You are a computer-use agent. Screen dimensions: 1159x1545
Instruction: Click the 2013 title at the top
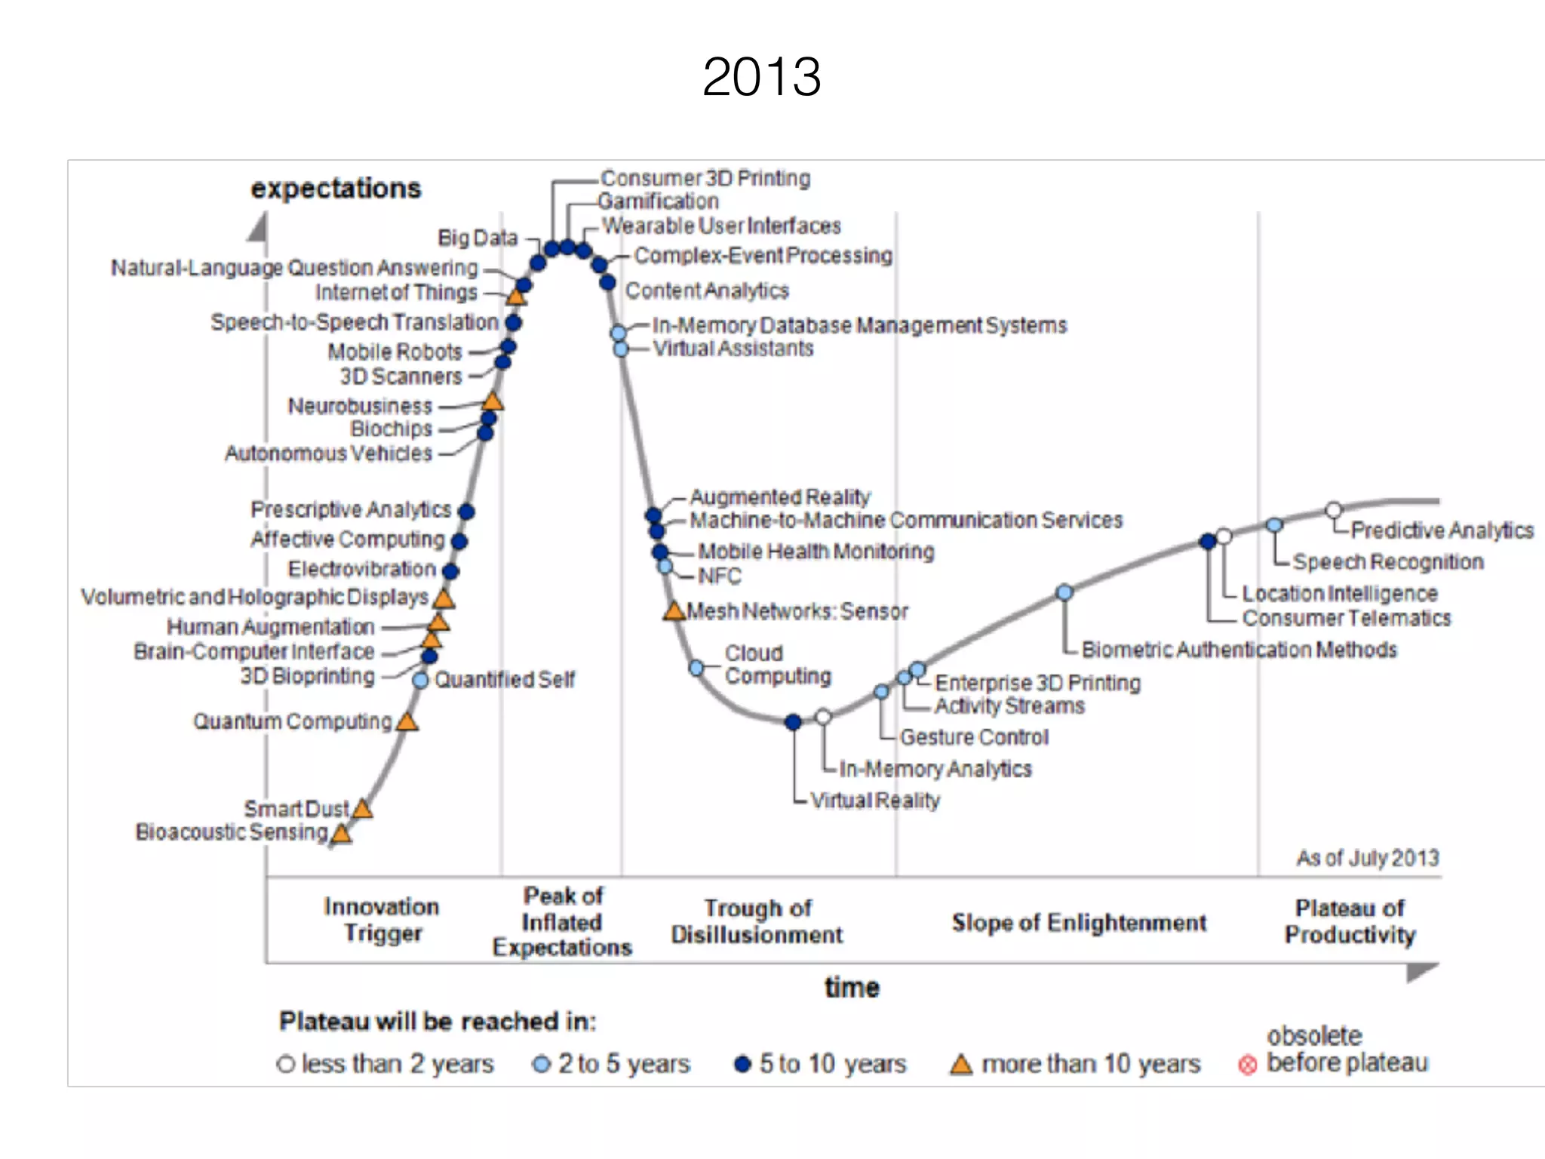tap(761, 77)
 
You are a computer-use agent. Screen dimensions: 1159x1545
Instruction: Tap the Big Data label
tap(478, 238)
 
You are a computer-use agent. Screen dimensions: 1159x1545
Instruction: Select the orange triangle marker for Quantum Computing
tap(407, 722)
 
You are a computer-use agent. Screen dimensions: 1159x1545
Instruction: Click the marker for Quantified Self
tap(420, 681)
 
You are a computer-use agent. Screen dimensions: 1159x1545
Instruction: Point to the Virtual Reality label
tap(875, 800)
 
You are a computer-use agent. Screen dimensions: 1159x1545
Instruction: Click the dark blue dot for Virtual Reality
tap(793, 722)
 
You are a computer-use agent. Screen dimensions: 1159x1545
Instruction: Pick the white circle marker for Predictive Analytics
tap(1334, 510)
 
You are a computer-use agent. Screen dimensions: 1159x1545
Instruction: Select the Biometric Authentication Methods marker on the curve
tap(1064, 592)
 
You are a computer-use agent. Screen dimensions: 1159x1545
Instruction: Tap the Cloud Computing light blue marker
tap(696, 668)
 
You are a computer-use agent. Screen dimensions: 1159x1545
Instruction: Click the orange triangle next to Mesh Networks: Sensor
tap(673, 611)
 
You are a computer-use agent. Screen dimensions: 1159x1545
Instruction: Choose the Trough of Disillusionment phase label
tap(757, 921)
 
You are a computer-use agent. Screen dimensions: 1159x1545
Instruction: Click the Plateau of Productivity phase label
tap(1350, 921)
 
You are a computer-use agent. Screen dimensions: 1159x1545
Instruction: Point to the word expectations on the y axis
tap(336, 188)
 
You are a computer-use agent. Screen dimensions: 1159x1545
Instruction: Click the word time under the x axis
tap(852, 987)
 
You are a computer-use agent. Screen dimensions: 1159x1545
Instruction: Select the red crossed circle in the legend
tap(1248, 1065)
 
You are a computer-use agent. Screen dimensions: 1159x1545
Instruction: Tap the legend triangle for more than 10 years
tap(960, 1065)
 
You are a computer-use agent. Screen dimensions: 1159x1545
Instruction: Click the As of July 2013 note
tap(1367, 858)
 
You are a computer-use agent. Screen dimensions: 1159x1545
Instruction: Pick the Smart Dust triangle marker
tap(362, 809)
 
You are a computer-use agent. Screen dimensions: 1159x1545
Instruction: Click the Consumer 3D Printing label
tap(705, 178)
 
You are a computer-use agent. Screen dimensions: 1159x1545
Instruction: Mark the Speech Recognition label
tap(1388, 561)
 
